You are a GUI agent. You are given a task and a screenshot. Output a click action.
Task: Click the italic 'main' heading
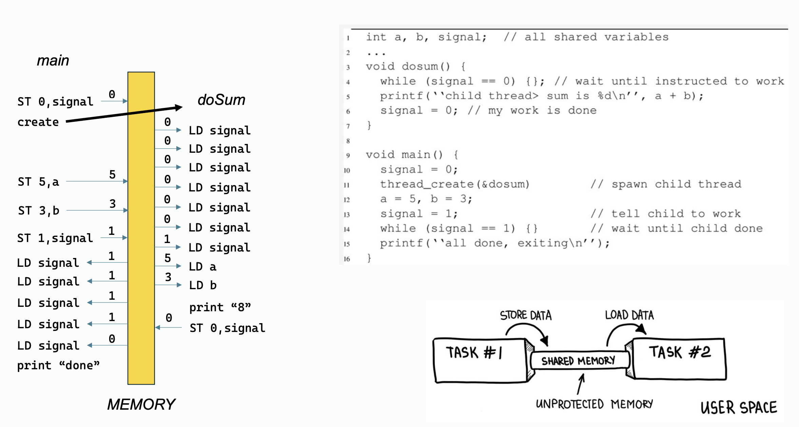53,61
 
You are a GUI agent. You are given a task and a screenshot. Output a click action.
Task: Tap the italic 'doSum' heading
221,100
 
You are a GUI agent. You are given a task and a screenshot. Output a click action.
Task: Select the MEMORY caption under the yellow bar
141,404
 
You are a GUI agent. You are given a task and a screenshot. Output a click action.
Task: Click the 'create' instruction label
38,122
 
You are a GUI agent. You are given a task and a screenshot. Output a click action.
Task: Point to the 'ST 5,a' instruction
38,182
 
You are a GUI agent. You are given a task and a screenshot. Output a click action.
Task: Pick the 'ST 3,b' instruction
39,211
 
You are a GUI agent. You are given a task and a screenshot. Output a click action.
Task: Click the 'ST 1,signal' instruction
55,238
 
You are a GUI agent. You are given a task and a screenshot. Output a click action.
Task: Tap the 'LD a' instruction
202,267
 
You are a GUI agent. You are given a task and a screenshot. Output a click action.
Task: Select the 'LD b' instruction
202,285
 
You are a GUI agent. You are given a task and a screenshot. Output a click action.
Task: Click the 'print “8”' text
220,308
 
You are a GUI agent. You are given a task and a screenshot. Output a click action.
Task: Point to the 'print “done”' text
58,366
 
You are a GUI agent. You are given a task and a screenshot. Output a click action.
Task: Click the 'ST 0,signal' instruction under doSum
227,328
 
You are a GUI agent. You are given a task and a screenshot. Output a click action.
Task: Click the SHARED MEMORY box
578,360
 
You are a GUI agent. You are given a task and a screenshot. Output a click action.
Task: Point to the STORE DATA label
526,315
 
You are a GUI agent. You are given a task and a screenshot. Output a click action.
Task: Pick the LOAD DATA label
629,315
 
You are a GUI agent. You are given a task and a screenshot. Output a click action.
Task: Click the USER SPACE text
739,408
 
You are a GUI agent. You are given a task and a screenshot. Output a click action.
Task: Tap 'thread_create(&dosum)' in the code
454,184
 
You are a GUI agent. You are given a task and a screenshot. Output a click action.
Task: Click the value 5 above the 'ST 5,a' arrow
112,174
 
